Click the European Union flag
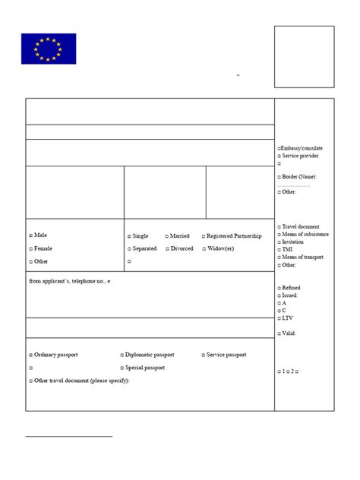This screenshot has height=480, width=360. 49,49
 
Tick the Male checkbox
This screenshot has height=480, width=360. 31,235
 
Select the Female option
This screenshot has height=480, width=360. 31,248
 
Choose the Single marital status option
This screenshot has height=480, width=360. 129,236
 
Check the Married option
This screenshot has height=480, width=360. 167,236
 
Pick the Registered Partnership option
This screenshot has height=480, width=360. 204,236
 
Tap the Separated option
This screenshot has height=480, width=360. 129,248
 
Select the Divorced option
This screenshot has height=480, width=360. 167,248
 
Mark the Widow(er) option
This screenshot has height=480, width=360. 204,248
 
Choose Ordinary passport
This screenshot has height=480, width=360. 31,355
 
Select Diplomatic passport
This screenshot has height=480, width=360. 122,355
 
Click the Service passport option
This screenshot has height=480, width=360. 204,355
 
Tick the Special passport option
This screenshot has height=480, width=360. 122,368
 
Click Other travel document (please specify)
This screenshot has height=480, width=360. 31,380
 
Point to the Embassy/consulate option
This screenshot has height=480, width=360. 279,147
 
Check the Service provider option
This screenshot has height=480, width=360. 279,156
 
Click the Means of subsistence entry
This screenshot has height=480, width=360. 279,235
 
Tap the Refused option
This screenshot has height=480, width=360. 279,288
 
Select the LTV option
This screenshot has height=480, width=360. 279,317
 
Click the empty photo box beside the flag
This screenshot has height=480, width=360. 304,57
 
